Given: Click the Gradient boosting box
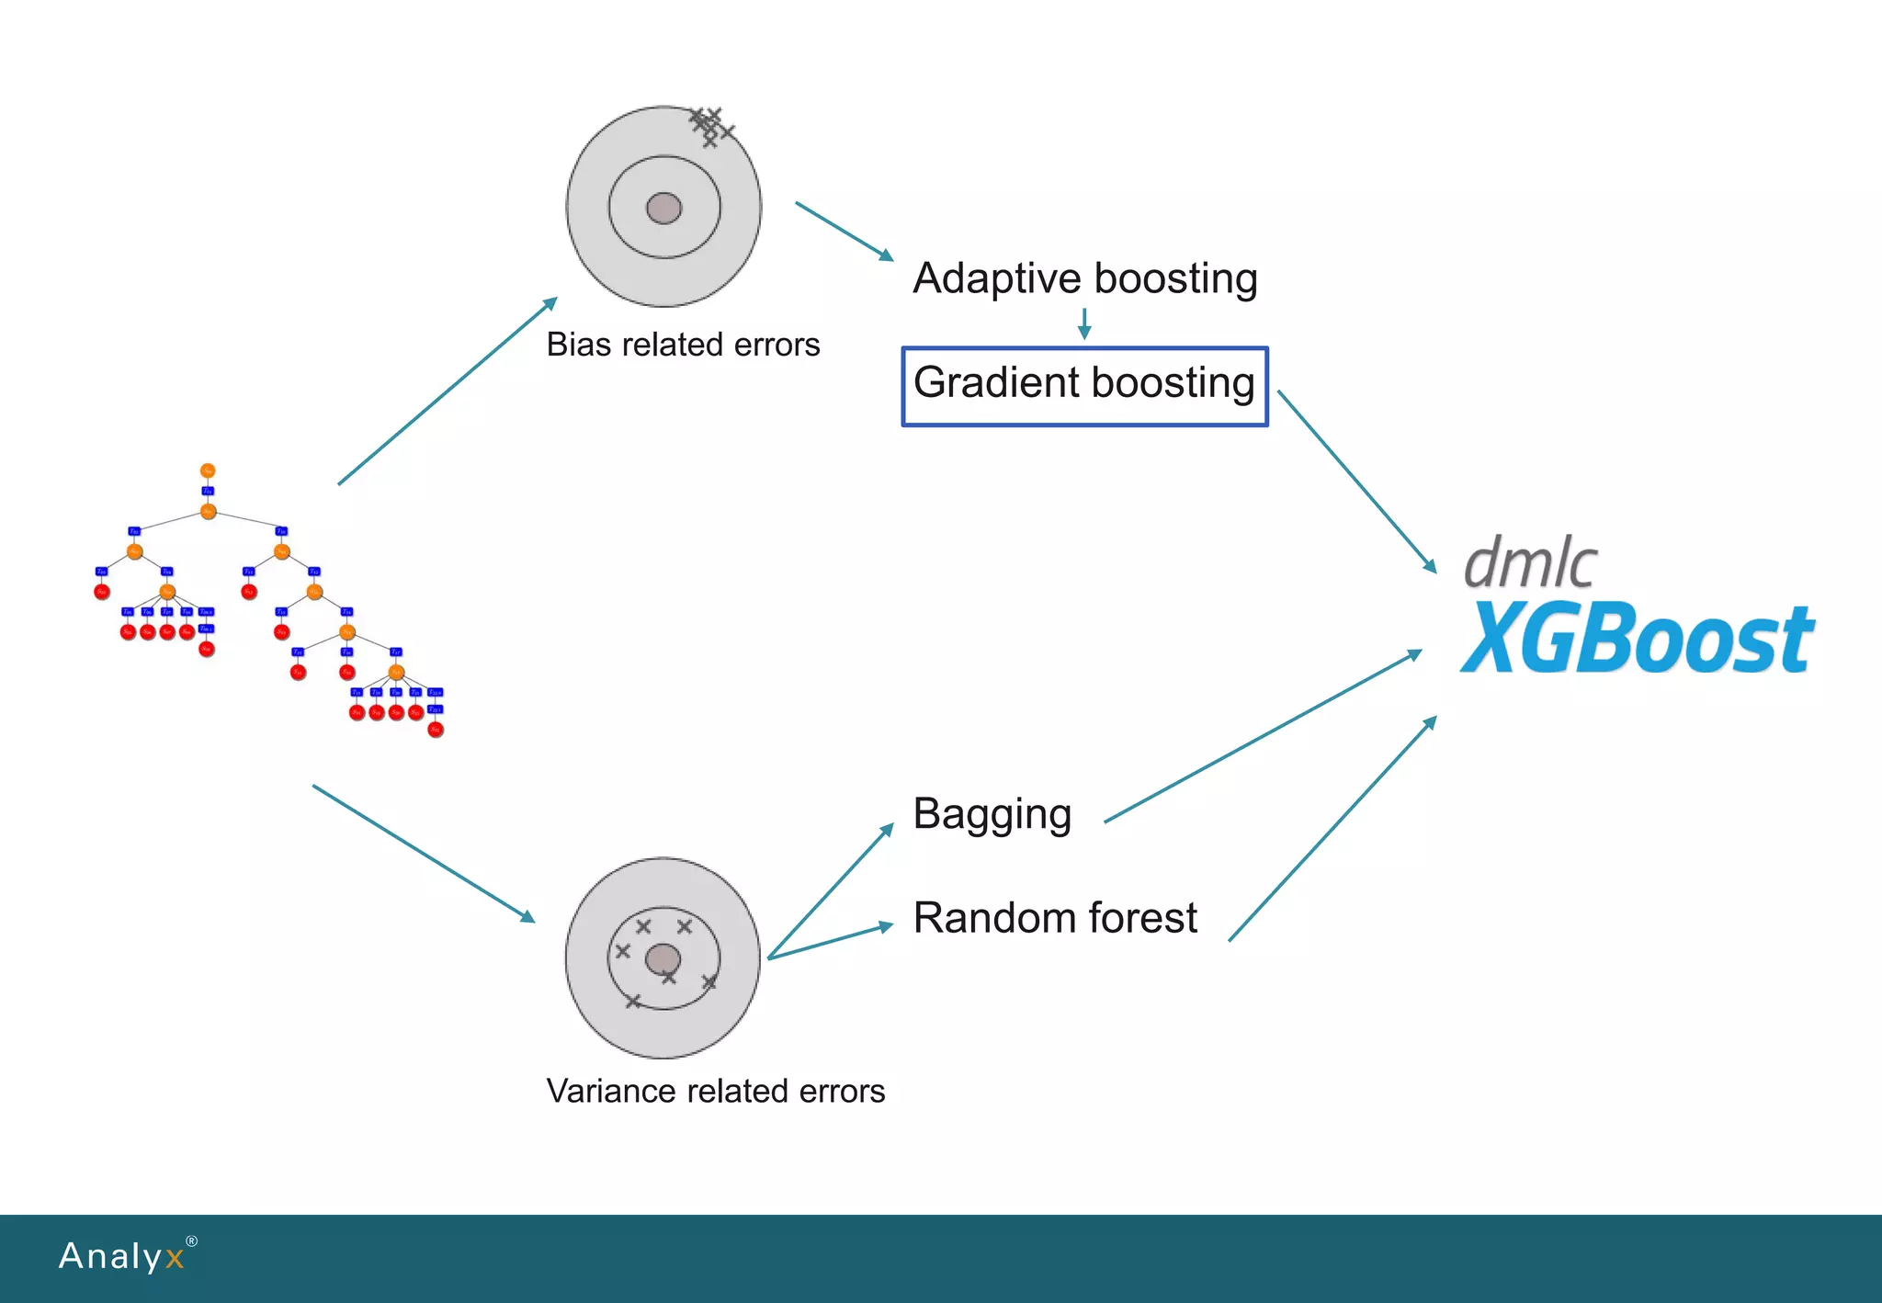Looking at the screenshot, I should [x=1084, y=386].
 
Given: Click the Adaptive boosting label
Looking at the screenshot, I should [x=1084, y=278].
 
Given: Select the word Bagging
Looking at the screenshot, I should [x=992, y=815].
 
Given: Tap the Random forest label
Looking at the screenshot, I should [x=1055, y=918].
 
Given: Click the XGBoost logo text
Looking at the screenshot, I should [x=1637, y=639].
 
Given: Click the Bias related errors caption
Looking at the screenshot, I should [x=683, y=345].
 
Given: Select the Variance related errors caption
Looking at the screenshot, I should [x=715, y=1091].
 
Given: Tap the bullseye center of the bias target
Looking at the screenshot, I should [x=663, y=209].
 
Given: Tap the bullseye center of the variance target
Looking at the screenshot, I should [x=663, y=960].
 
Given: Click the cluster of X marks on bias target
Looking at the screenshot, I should [x=710, y=127].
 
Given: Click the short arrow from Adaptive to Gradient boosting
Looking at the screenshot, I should [x=1084, y=323].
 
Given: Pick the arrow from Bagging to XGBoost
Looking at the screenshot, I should [x=1264, y=736].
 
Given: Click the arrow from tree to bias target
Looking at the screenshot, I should [x=448, y=391].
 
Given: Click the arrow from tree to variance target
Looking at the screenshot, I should [x=424, y=854].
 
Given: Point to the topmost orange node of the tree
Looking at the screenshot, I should [x=208, y=470].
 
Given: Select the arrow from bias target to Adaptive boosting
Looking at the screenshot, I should [x=844, y=231].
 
